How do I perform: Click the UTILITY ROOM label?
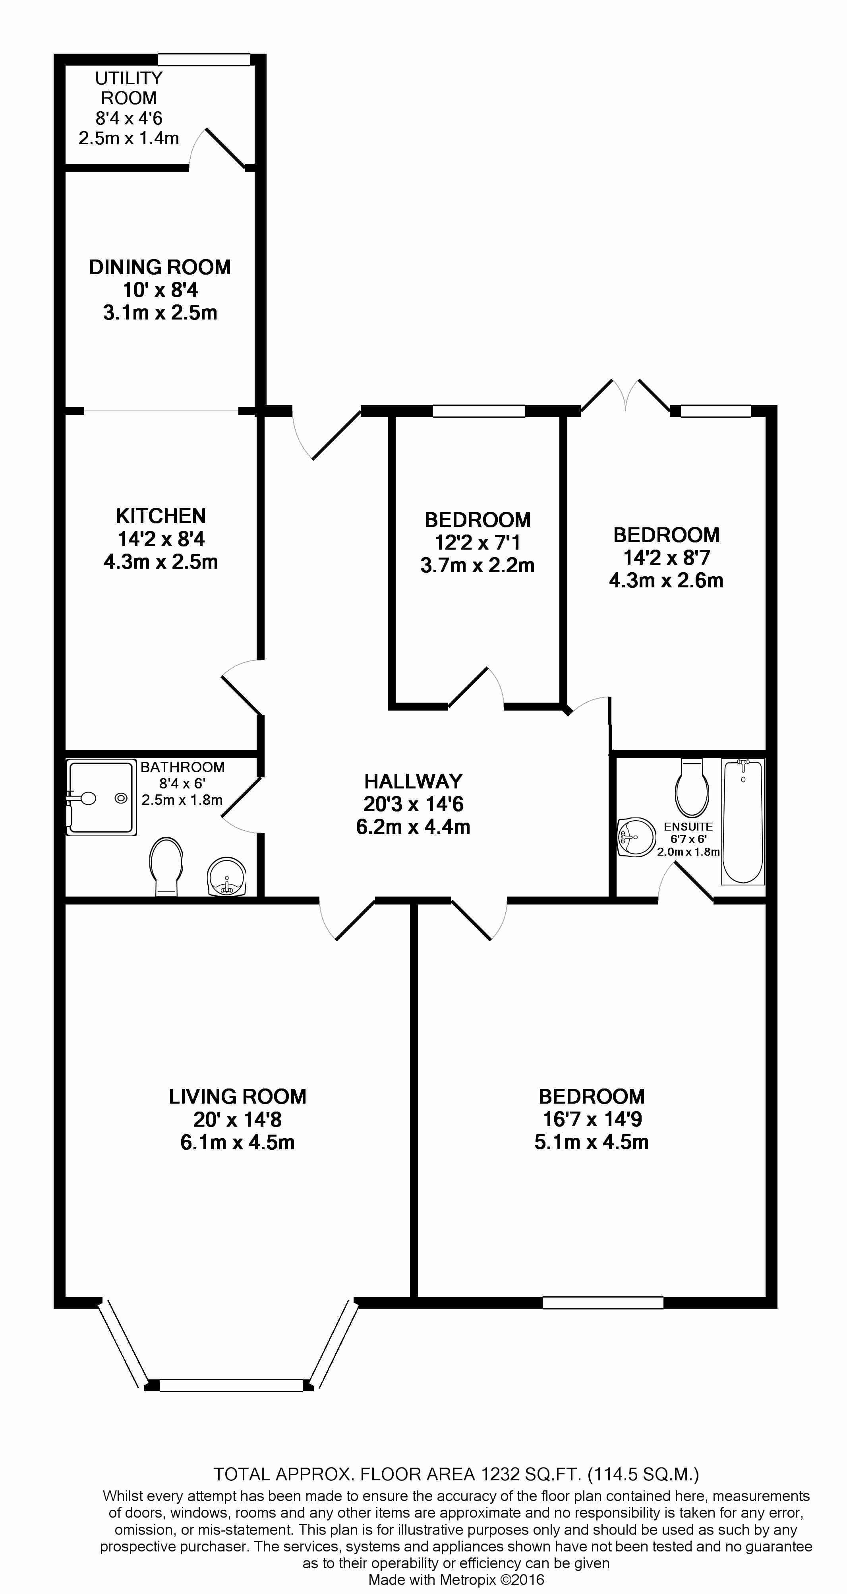pyautogui.click(x=129, y=88)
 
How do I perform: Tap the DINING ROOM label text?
pyautogui.click(x=160, y=267)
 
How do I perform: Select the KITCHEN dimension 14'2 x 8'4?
pyautogui.click(x=161, y=539)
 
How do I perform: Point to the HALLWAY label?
pyautogui.click(x=413, y=782)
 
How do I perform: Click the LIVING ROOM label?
pyautogui.click(x=238, y=1096)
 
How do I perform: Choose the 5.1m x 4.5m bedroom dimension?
pyautogui.click(x=592, y=1142)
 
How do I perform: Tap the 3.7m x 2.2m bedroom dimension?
pyautogui.click(x=477, y=565)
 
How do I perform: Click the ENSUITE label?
pyautogui.click(x=688, y=827)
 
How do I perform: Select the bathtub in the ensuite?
pyautogui.click(x=743, y=821)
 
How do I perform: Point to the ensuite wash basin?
pyautogui.click(x=637, y=838)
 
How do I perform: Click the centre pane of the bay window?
pyautogui.click(x=231, y=1385)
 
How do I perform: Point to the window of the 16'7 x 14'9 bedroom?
pyautogui.click(x=603, y=1303)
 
